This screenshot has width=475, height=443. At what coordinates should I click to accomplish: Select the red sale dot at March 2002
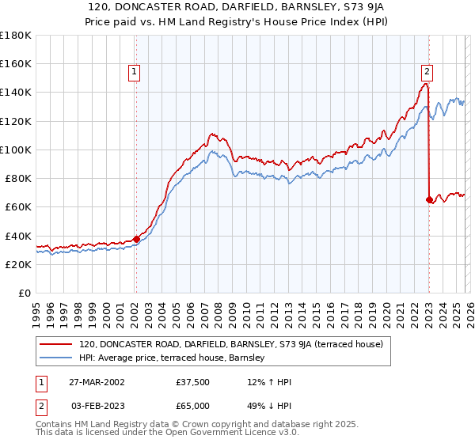click(x=136, y=238)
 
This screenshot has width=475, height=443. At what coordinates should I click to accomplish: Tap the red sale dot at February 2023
click(x=429, y=199)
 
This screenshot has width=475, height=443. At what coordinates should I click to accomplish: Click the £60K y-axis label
click(x=17, y=206)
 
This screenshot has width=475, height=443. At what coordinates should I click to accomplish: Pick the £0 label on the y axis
click(x=25, y=293)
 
